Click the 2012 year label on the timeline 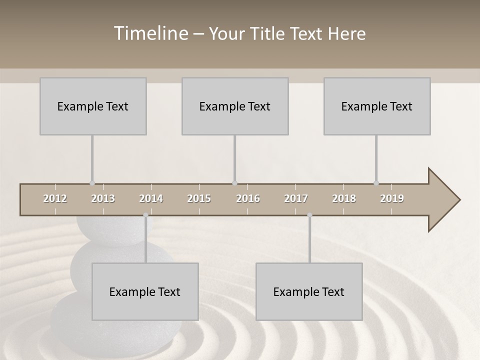tap(55, 198)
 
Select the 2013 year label tap(103, 198)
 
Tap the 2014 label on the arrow tap(151, 198)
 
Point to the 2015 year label tap(199, 198)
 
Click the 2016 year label tap(248, 198)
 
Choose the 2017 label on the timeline tap(296, 198)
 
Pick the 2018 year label tap(344, 198)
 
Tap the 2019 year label tap(392, 198)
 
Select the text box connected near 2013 tap(93, 106)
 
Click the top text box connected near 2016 tap(235, 106)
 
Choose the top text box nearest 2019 tap(377, 106)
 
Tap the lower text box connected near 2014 tap(145, 291)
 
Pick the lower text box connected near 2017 tap(309, 291)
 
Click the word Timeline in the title tap(150, 33)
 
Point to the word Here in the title tap(346, 34)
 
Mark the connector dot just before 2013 tap(92, 183)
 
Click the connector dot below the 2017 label tap(309, 215)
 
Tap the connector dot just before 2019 tap(376, 183)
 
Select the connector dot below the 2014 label tap(145, 215)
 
